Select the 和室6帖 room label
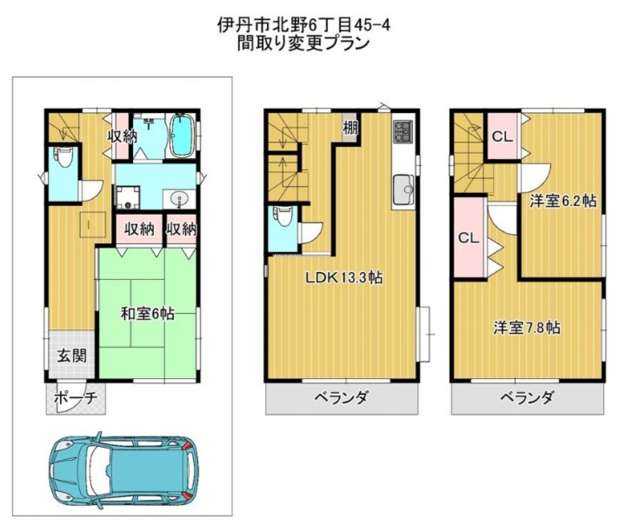[148, 314]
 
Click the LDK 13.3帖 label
[344, 278]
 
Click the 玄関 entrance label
[72, 356]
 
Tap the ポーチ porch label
[76, 398]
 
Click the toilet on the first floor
[64, 159]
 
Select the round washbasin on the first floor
[179, 198]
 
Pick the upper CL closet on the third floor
[503, 137]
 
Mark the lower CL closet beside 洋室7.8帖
[469, 238]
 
